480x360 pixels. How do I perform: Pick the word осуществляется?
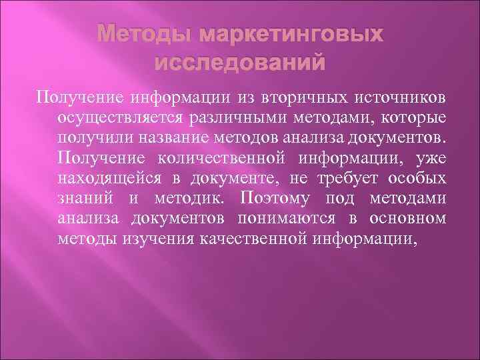pyautogui.click(x=119, y=118)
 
